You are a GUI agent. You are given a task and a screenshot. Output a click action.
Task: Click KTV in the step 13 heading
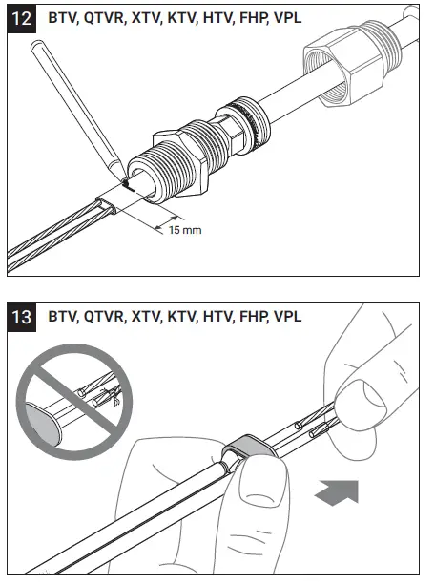pos(182,316)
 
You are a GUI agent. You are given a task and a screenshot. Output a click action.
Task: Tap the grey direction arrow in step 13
pos(341,492)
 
